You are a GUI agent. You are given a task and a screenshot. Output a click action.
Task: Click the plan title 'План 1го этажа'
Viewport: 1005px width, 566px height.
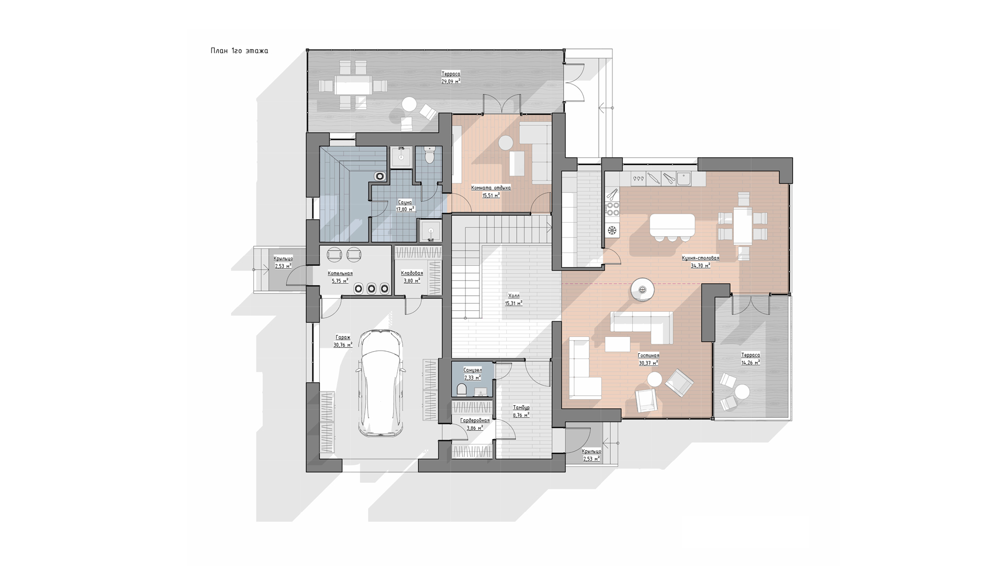[x=239, y=51]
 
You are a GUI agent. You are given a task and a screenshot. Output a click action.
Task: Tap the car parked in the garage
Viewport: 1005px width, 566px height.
[x=381, y=383]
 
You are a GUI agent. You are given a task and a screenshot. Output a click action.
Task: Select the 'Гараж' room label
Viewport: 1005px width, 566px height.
[x=343, y=338]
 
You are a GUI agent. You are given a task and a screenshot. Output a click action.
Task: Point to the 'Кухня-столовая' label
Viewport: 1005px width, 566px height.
[x=700, y=258]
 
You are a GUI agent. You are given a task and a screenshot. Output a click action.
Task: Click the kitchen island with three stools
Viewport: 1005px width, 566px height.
[x=673, y=225]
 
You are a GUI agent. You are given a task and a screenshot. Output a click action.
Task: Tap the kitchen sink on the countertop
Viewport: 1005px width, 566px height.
[x=684, y=179]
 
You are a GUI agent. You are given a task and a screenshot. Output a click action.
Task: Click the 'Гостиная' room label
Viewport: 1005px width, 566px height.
[x=648, y=355]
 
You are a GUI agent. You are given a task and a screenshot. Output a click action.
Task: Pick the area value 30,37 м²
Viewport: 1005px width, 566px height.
[x=648, y=362]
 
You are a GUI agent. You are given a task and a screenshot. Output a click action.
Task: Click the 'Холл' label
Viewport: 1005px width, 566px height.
[x=514, y=296]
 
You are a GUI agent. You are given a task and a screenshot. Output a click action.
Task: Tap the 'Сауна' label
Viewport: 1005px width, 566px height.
[x=405, y=202]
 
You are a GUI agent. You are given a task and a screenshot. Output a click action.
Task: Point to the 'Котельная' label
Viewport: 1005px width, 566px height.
[x=340, y=274]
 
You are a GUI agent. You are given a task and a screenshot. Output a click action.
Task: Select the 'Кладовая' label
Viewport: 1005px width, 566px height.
[x=412, y=274]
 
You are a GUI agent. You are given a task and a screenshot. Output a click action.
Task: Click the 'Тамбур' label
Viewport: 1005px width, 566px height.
[x=521, y=408]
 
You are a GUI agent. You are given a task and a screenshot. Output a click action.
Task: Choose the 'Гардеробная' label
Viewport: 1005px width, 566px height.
[x=475, y=421]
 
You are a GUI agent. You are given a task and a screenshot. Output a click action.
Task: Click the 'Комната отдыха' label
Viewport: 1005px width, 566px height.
[x=491, y=188]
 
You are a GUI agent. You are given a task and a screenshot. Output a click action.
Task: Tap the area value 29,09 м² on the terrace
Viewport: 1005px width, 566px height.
[x=451, y=81]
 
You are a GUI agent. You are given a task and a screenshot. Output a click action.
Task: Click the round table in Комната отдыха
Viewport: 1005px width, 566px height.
[x=506, y=143]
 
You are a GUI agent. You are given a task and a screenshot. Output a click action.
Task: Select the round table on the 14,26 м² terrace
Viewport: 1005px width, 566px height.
[x=742, y=392]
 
